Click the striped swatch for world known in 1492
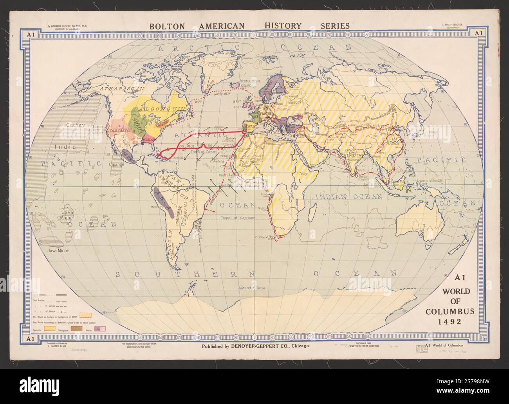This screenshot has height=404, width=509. tap(86, 314)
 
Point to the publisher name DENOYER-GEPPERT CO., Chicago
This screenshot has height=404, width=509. tap(255, 346)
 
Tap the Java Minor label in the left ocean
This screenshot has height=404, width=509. tap(57, 249)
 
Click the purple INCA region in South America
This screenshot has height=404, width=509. tap(164, 200)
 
